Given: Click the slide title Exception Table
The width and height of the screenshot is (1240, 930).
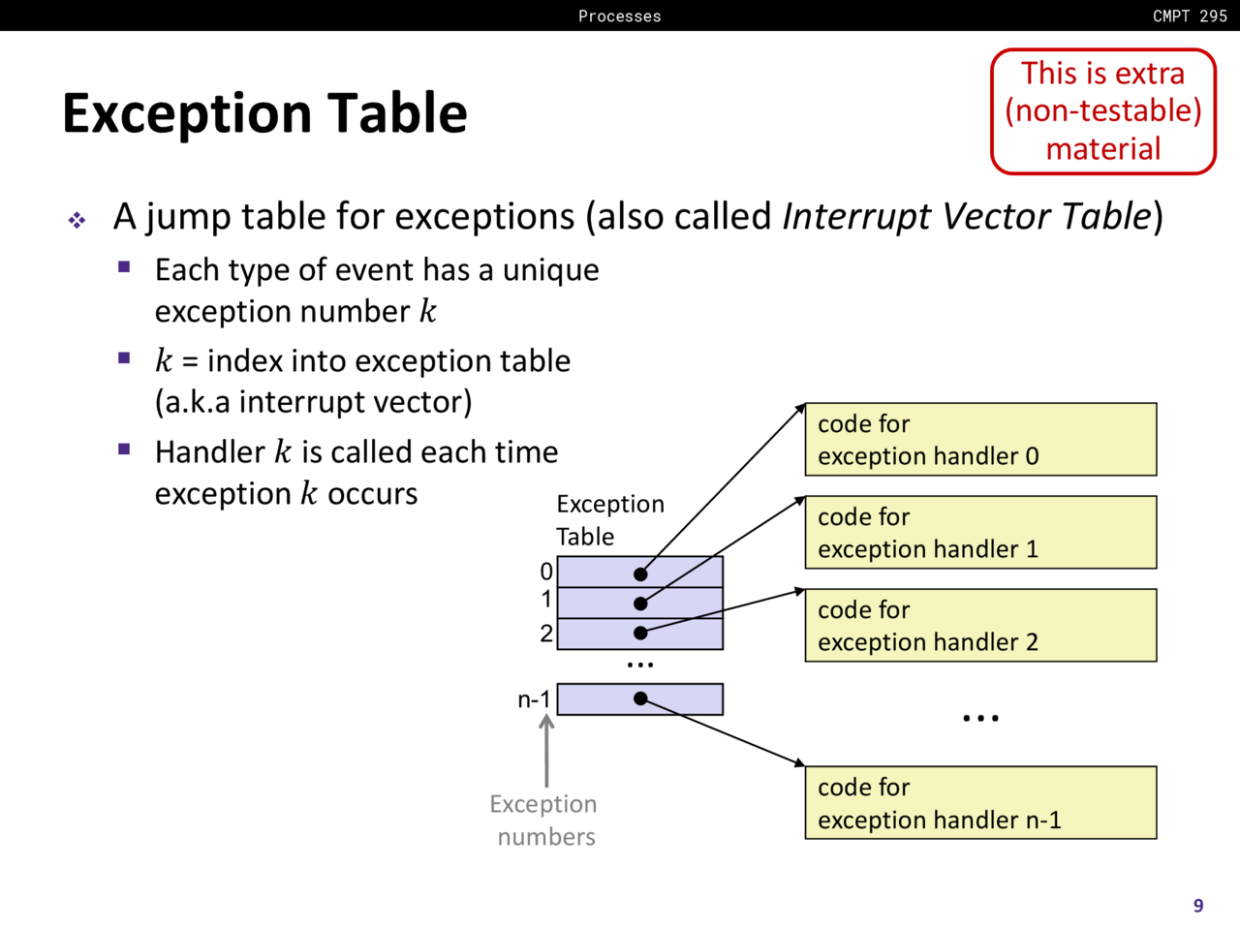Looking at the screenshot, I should coord(264,112).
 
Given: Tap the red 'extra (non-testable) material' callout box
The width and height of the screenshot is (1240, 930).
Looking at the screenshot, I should coord(1102,111).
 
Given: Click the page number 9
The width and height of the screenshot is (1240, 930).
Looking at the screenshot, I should coord(1198,906).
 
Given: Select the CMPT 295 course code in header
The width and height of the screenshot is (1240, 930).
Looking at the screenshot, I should coord(1190,15).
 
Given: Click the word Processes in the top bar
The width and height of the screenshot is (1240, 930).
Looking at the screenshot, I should coord(620,15).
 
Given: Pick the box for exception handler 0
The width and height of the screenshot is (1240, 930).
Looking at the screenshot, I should coord(980,440).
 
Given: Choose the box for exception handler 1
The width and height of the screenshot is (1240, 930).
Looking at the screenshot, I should coord(980,533).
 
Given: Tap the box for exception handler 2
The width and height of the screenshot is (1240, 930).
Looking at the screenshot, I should coord(980,626).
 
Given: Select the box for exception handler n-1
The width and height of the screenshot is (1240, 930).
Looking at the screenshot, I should coord(980,803).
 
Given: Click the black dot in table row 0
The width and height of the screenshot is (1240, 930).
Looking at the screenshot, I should coord(640,574).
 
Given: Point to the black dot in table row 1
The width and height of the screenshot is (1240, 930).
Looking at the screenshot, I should coord(640,604).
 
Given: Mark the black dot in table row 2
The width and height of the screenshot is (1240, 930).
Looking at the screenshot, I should coord(640,633).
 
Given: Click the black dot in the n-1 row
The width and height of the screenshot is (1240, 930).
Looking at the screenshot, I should coord(640,698).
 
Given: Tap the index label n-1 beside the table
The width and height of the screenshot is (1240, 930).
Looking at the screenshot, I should coord(534,699).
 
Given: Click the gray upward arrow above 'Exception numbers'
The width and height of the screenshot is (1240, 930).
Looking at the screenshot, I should coord(546,751).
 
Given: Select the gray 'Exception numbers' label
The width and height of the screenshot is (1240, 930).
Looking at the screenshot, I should coord(544,821).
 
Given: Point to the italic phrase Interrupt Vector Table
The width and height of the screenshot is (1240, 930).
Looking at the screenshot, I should coord(966,216).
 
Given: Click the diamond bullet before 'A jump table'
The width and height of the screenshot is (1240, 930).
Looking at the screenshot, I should coord(77,221).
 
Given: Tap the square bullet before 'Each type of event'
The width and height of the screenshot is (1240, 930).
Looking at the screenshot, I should coord(124,267).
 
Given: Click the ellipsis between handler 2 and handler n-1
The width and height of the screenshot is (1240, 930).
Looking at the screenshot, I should coord(980,719).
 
